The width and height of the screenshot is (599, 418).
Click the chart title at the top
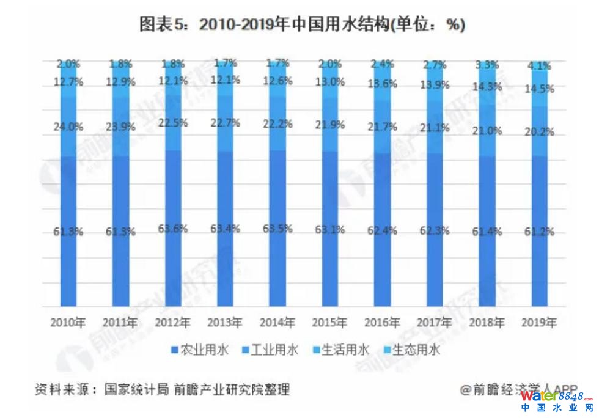299,24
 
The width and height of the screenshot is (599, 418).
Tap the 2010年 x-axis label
68,323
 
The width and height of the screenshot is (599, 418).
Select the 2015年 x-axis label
330,323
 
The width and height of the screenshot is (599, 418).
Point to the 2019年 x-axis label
540,323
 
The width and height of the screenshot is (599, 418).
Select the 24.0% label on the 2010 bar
68,128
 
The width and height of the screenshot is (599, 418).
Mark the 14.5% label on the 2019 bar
540,89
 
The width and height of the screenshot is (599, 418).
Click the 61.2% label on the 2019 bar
540,232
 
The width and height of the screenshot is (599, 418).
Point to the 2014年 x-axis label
278,323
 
